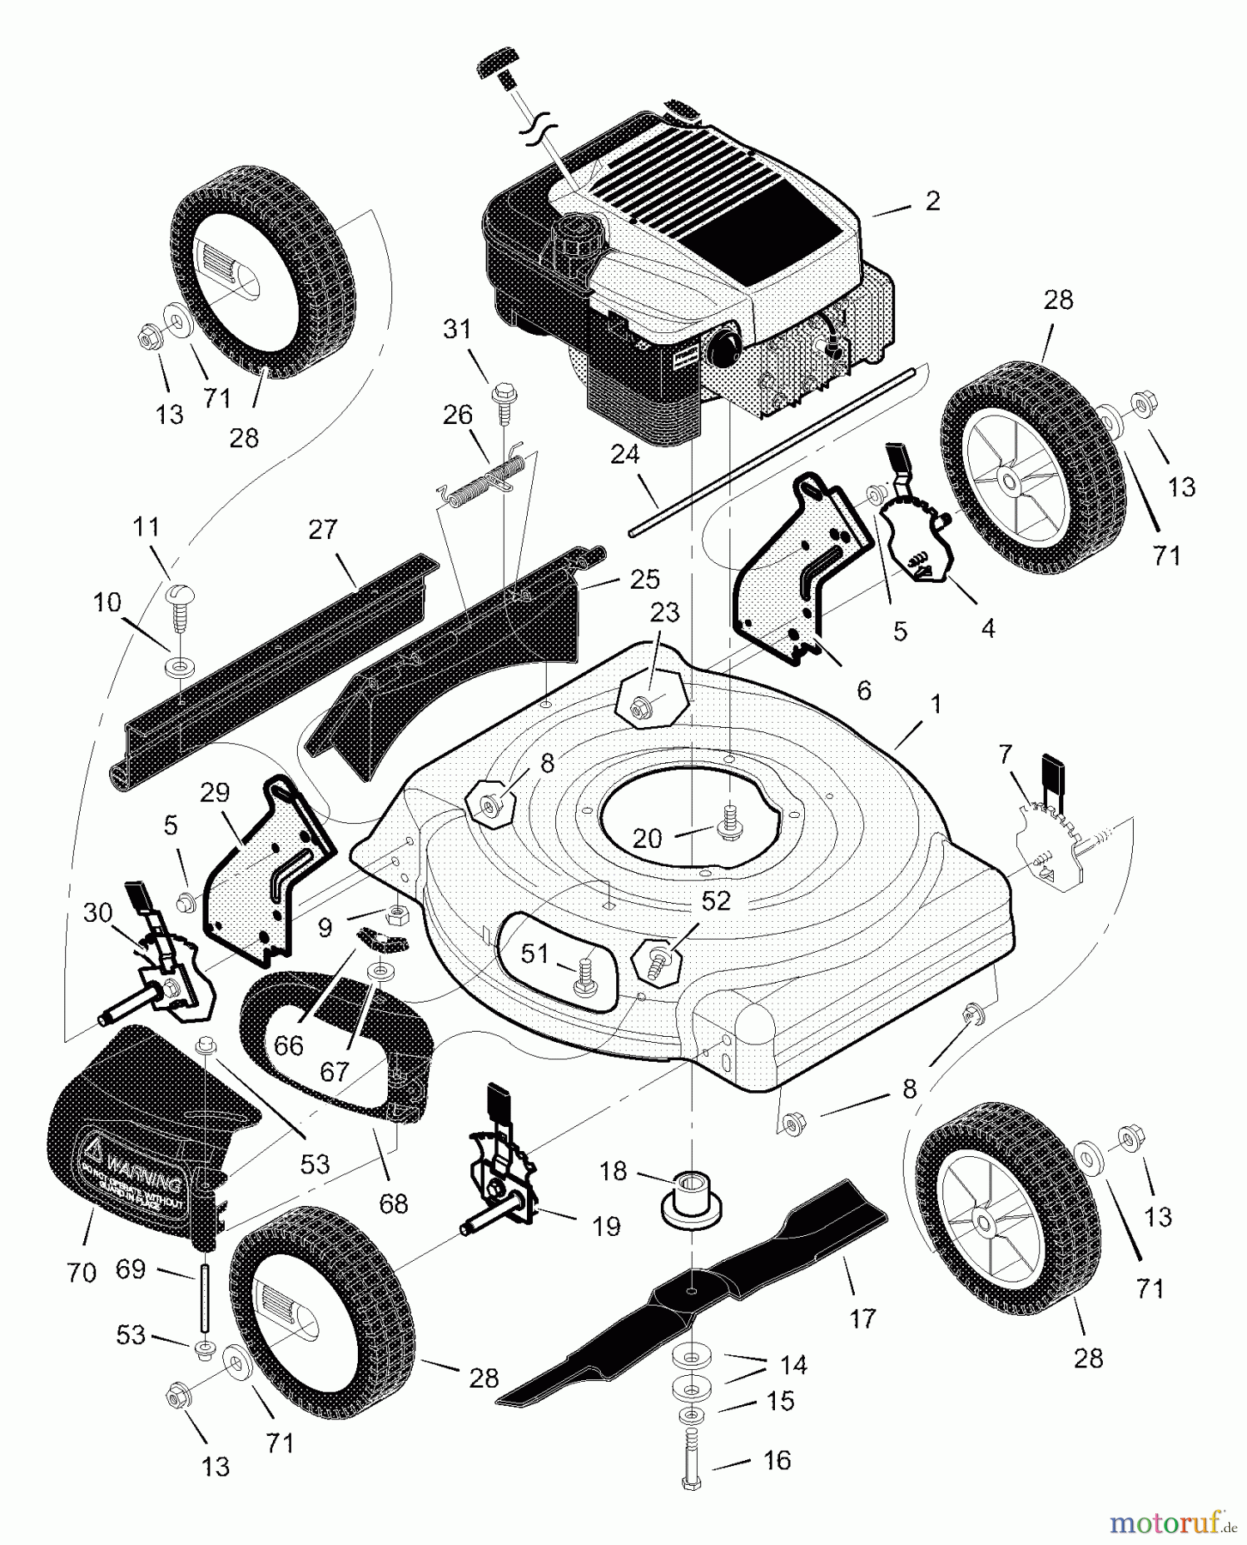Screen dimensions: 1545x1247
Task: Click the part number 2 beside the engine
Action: point(933,201)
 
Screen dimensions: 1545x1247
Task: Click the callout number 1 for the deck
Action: point(935,705)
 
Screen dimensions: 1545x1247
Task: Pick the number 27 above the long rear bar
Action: point(323,530)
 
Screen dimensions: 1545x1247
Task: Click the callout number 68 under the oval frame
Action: point(394,1203)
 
